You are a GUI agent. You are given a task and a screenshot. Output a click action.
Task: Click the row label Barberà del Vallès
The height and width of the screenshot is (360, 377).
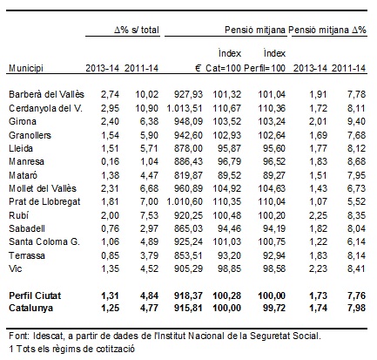(46, 94)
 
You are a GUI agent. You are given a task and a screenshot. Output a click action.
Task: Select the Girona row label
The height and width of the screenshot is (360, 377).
(23, 121)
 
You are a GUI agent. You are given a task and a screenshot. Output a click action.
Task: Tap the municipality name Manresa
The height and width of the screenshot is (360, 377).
(26, 161)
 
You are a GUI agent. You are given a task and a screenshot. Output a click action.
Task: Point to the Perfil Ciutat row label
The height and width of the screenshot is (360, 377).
(35, 295)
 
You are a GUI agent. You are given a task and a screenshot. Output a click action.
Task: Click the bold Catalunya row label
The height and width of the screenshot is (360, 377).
(30, 308)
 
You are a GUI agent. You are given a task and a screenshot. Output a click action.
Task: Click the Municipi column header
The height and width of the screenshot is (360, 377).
(26, 68)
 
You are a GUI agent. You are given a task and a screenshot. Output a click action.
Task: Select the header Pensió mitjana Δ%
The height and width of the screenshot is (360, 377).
(327, 30)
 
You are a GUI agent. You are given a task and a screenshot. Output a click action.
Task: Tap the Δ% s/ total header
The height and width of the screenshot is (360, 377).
(137, 30)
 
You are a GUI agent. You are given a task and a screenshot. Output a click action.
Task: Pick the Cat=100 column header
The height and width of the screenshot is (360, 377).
(223, 68)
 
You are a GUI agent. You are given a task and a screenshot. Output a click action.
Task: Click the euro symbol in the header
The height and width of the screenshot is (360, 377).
(198, 68)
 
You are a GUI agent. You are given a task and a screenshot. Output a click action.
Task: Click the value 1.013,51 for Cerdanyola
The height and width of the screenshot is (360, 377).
(185, 108)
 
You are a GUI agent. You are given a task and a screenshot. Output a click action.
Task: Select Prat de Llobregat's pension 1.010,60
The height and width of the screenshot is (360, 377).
(185, 201)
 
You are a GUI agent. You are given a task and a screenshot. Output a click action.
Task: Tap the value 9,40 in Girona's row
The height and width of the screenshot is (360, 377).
(356, 121)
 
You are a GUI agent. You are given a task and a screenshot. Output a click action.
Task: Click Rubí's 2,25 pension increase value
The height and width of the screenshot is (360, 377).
(318, 215)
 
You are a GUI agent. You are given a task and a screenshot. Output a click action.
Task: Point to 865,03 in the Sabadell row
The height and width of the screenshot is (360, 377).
(188, 228)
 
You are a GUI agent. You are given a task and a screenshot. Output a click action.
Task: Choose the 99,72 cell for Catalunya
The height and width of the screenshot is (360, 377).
(274, 308)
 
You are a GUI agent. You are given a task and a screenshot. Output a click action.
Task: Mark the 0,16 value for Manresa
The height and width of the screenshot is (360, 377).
(110, 161)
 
